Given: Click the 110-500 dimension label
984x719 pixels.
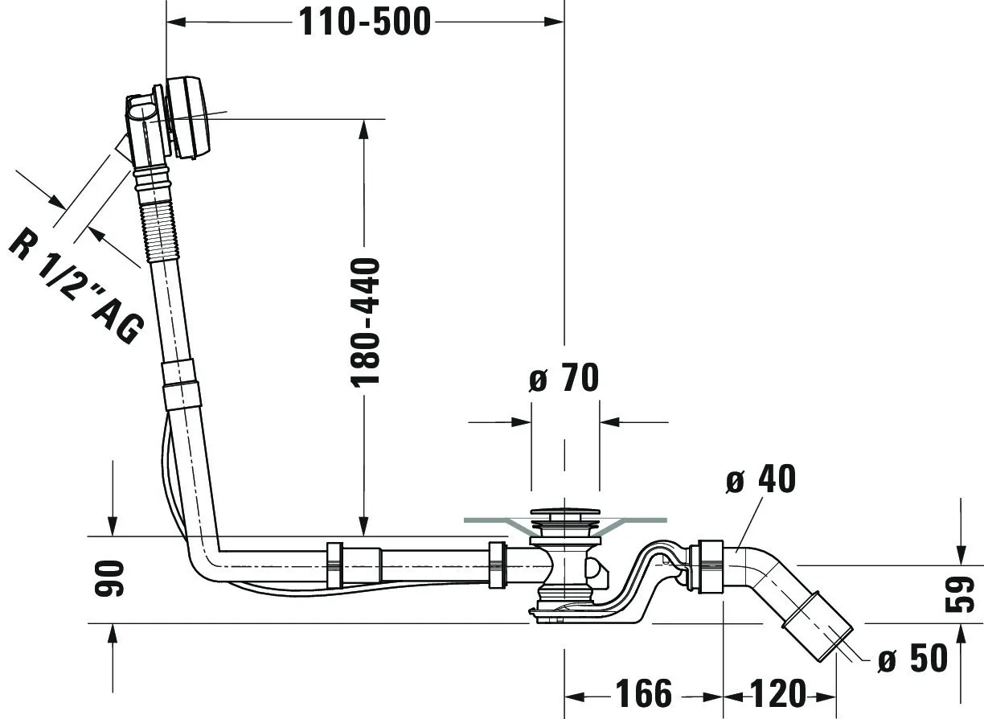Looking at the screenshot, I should [365, 22].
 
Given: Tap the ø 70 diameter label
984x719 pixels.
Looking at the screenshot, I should [564, 378].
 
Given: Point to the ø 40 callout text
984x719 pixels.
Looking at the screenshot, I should [760, 479].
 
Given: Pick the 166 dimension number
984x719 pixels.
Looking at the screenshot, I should [643, 693].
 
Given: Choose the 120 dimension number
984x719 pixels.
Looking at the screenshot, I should [778, 693].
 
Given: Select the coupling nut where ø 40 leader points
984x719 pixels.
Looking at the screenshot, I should [708, 567].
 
